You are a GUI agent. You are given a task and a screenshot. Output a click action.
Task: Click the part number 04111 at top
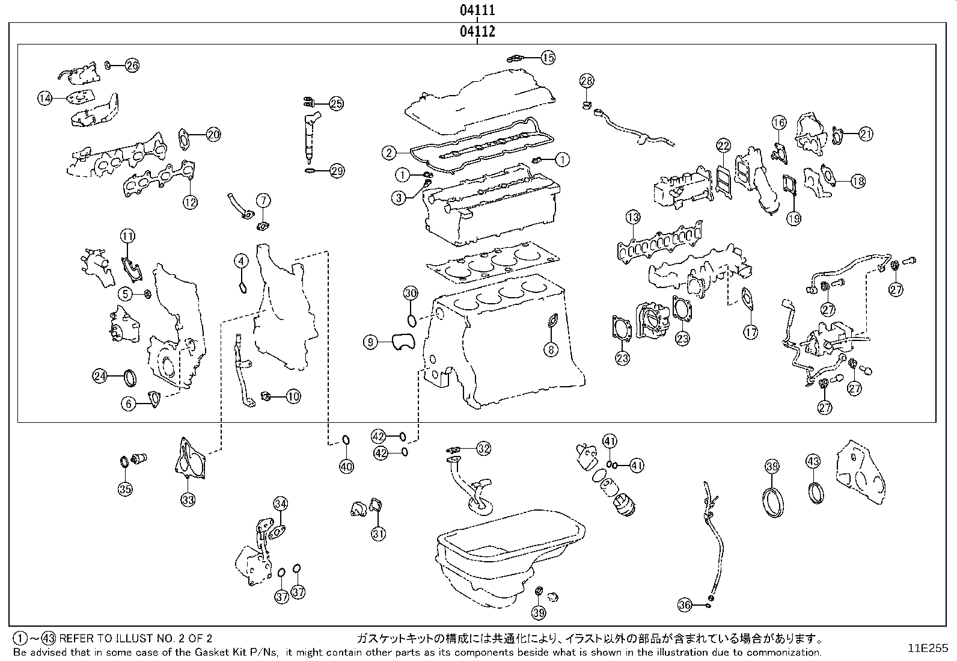coord(477,10)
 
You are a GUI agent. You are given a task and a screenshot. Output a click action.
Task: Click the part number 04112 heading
coord(477,31)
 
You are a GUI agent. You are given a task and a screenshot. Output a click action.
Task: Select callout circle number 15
coord(548,58)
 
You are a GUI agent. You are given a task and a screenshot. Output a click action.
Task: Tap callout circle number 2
coord(390,153)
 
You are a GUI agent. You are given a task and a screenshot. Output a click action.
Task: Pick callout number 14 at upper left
coord(46,99)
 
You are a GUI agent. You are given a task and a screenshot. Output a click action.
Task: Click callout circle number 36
coord(685,605)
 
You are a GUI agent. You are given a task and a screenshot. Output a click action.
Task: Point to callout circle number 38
coord(772,466)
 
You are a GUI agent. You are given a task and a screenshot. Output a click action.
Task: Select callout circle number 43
coord(813,462)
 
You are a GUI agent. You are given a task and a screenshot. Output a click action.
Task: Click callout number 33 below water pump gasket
coord(188,499)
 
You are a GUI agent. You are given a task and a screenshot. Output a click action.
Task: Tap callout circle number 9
coord(371,342)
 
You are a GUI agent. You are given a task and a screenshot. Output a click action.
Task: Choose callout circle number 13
coord(632,217)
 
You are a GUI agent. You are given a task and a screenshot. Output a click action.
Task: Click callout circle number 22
coord(723,145)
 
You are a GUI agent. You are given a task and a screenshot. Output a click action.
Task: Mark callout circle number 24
coord(100,377)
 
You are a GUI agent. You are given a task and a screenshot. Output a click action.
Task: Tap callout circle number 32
coord(484,448)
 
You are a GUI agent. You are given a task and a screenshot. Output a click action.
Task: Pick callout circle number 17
coord(750,331)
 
